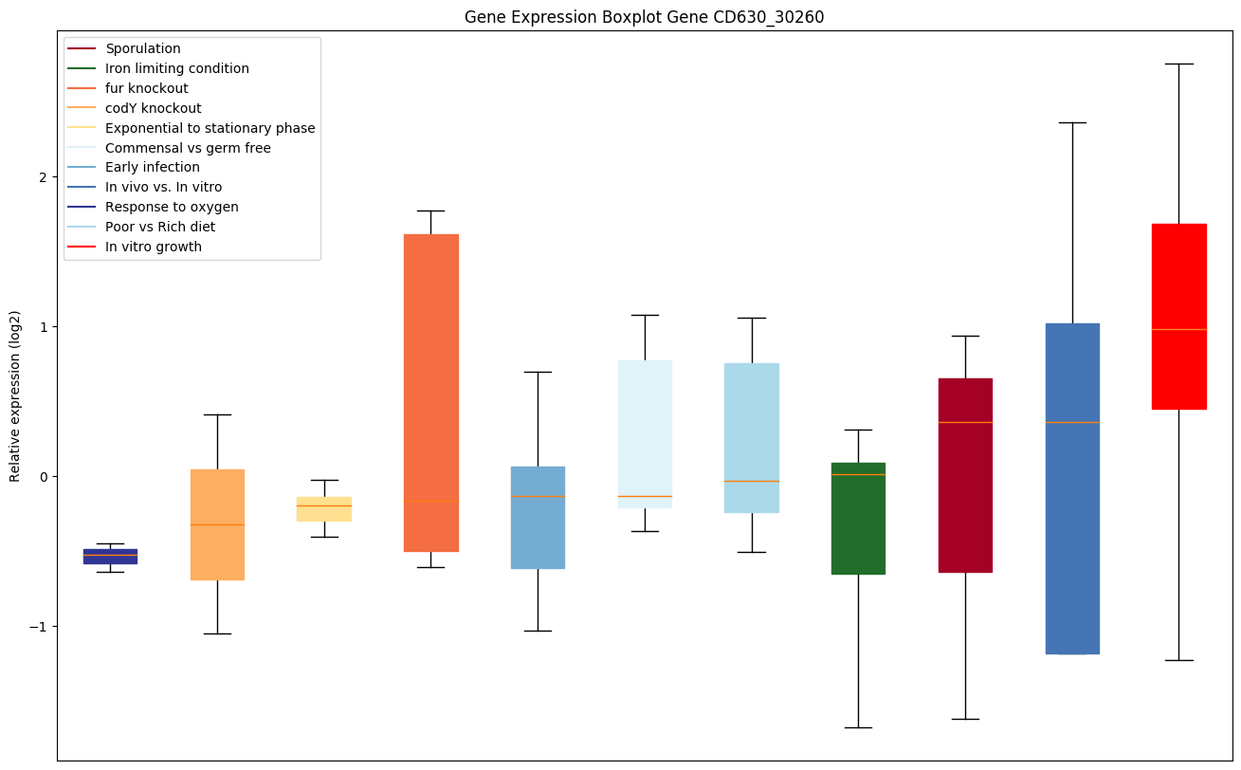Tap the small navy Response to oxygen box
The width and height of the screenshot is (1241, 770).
pyautogui.click(x=110, y=557)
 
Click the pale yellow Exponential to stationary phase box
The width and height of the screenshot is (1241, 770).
pyautogui.click(x=323, y=508)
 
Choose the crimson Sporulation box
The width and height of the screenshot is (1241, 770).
pyautogui.click(x=965, y=474)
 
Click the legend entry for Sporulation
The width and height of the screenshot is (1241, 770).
pyautogui.click(x=143, y=48)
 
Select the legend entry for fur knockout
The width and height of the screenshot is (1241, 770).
pyautogui.click(x=147, y=88)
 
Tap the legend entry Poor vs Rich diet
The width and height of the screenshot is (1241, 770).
pyautogui.click(x=160, y=227)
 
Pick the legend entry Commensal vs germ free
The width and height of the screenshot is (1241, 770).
pyautogui.click(x=188, y=148)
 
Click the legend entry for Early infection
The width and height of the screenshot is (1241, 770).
pyautogui.click(x=153, y=168)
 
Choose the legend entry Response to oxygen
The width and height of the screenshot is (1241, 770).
pyautogui.click(x=172, y=207)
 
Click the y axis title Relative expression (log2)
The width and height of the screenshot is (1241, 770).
pyautogui.click(x=15, y=395)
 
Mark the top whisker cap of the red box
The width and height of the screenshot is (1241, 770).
pyautogui.click(x=1178, y=64)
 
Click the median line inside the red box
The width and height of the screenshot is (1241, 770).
pyautogui.click(x=1178, y=329)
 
